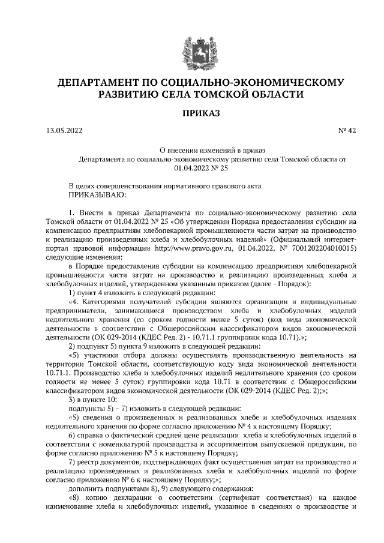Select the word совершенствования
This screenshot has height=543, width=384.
click(x=137, y=186)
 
